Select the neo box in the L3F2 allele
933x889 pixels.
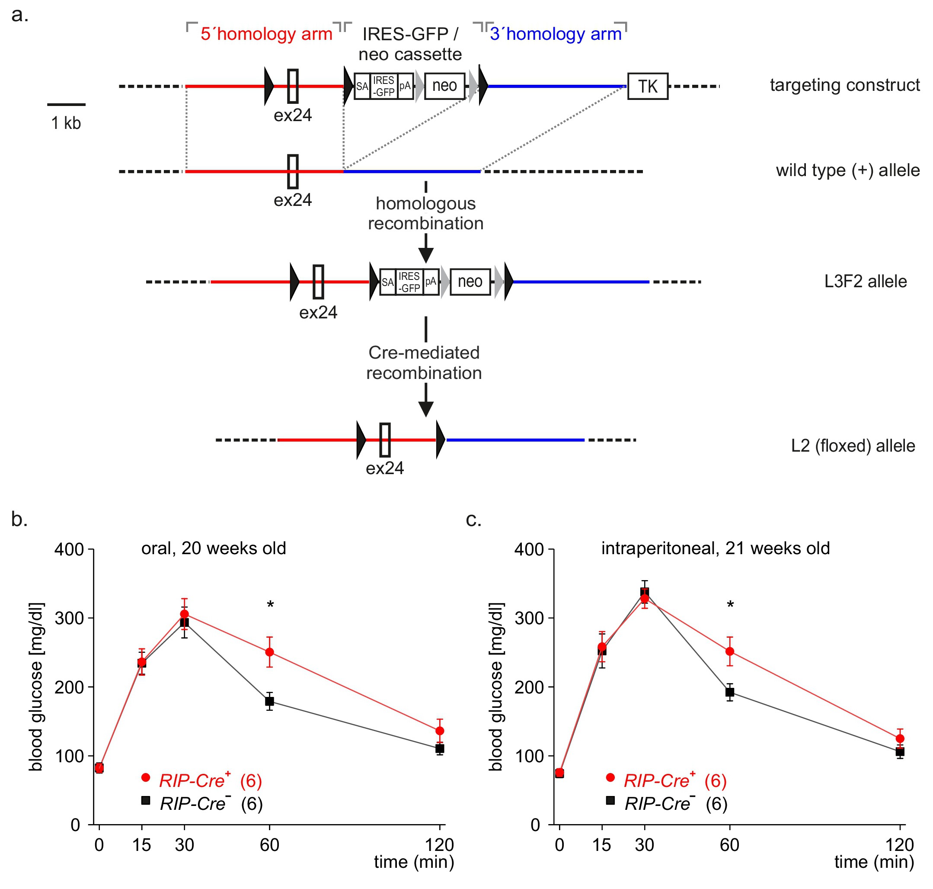470,282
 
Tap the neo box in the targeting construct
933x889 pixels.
444,86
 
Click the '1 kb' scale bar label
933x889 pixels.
66,123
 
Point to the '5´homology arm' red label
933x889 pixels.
266,34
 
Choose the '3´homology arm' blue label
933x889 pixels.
556,34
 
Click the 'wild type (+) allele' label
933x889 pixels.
848,170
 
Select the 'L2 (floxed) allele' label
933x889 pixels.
853,446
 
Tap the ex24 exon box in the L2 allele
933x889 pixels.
385,440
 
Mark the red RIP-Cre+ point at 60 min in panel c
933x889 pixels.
730,651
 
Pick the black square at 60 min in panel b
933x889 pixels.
269,701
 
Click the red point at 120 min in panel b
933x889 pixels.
440,731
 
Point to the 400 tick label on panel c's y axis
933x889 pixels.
529,549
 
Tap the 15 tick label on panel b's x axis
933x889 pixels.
142,845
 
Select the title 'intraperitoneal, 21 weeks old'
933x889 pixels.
716,548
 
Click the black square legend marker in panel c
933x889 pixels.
610,800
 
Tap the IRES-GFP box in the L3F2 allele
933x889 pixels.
410,282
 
